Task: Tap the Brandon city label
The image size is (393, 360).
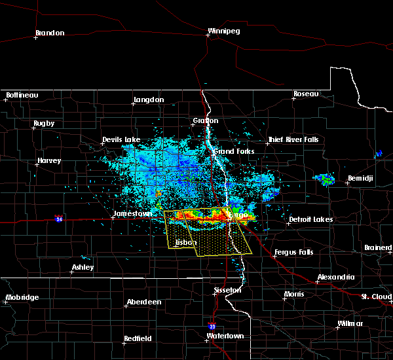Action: [50, 33]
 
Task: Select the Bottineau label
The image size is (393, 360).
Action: [22, 95]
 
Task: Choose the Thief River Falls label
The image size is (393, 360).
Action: [293, 139]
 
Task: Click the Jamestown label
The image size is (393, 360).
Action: [133, 213]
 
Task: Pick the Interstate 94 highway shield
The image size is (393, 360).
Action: [59, 217]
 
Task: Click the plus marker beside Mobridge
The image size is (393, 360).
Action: [6, 303]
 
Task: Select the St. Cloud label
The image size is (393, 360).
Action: [376, 297]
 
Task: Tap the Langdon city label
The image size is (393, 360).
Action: [148, 99]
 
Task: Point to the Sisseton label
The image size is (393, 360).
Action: [229, 289]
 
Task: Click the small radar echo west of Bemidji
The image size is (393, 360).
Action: [325, 178]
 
